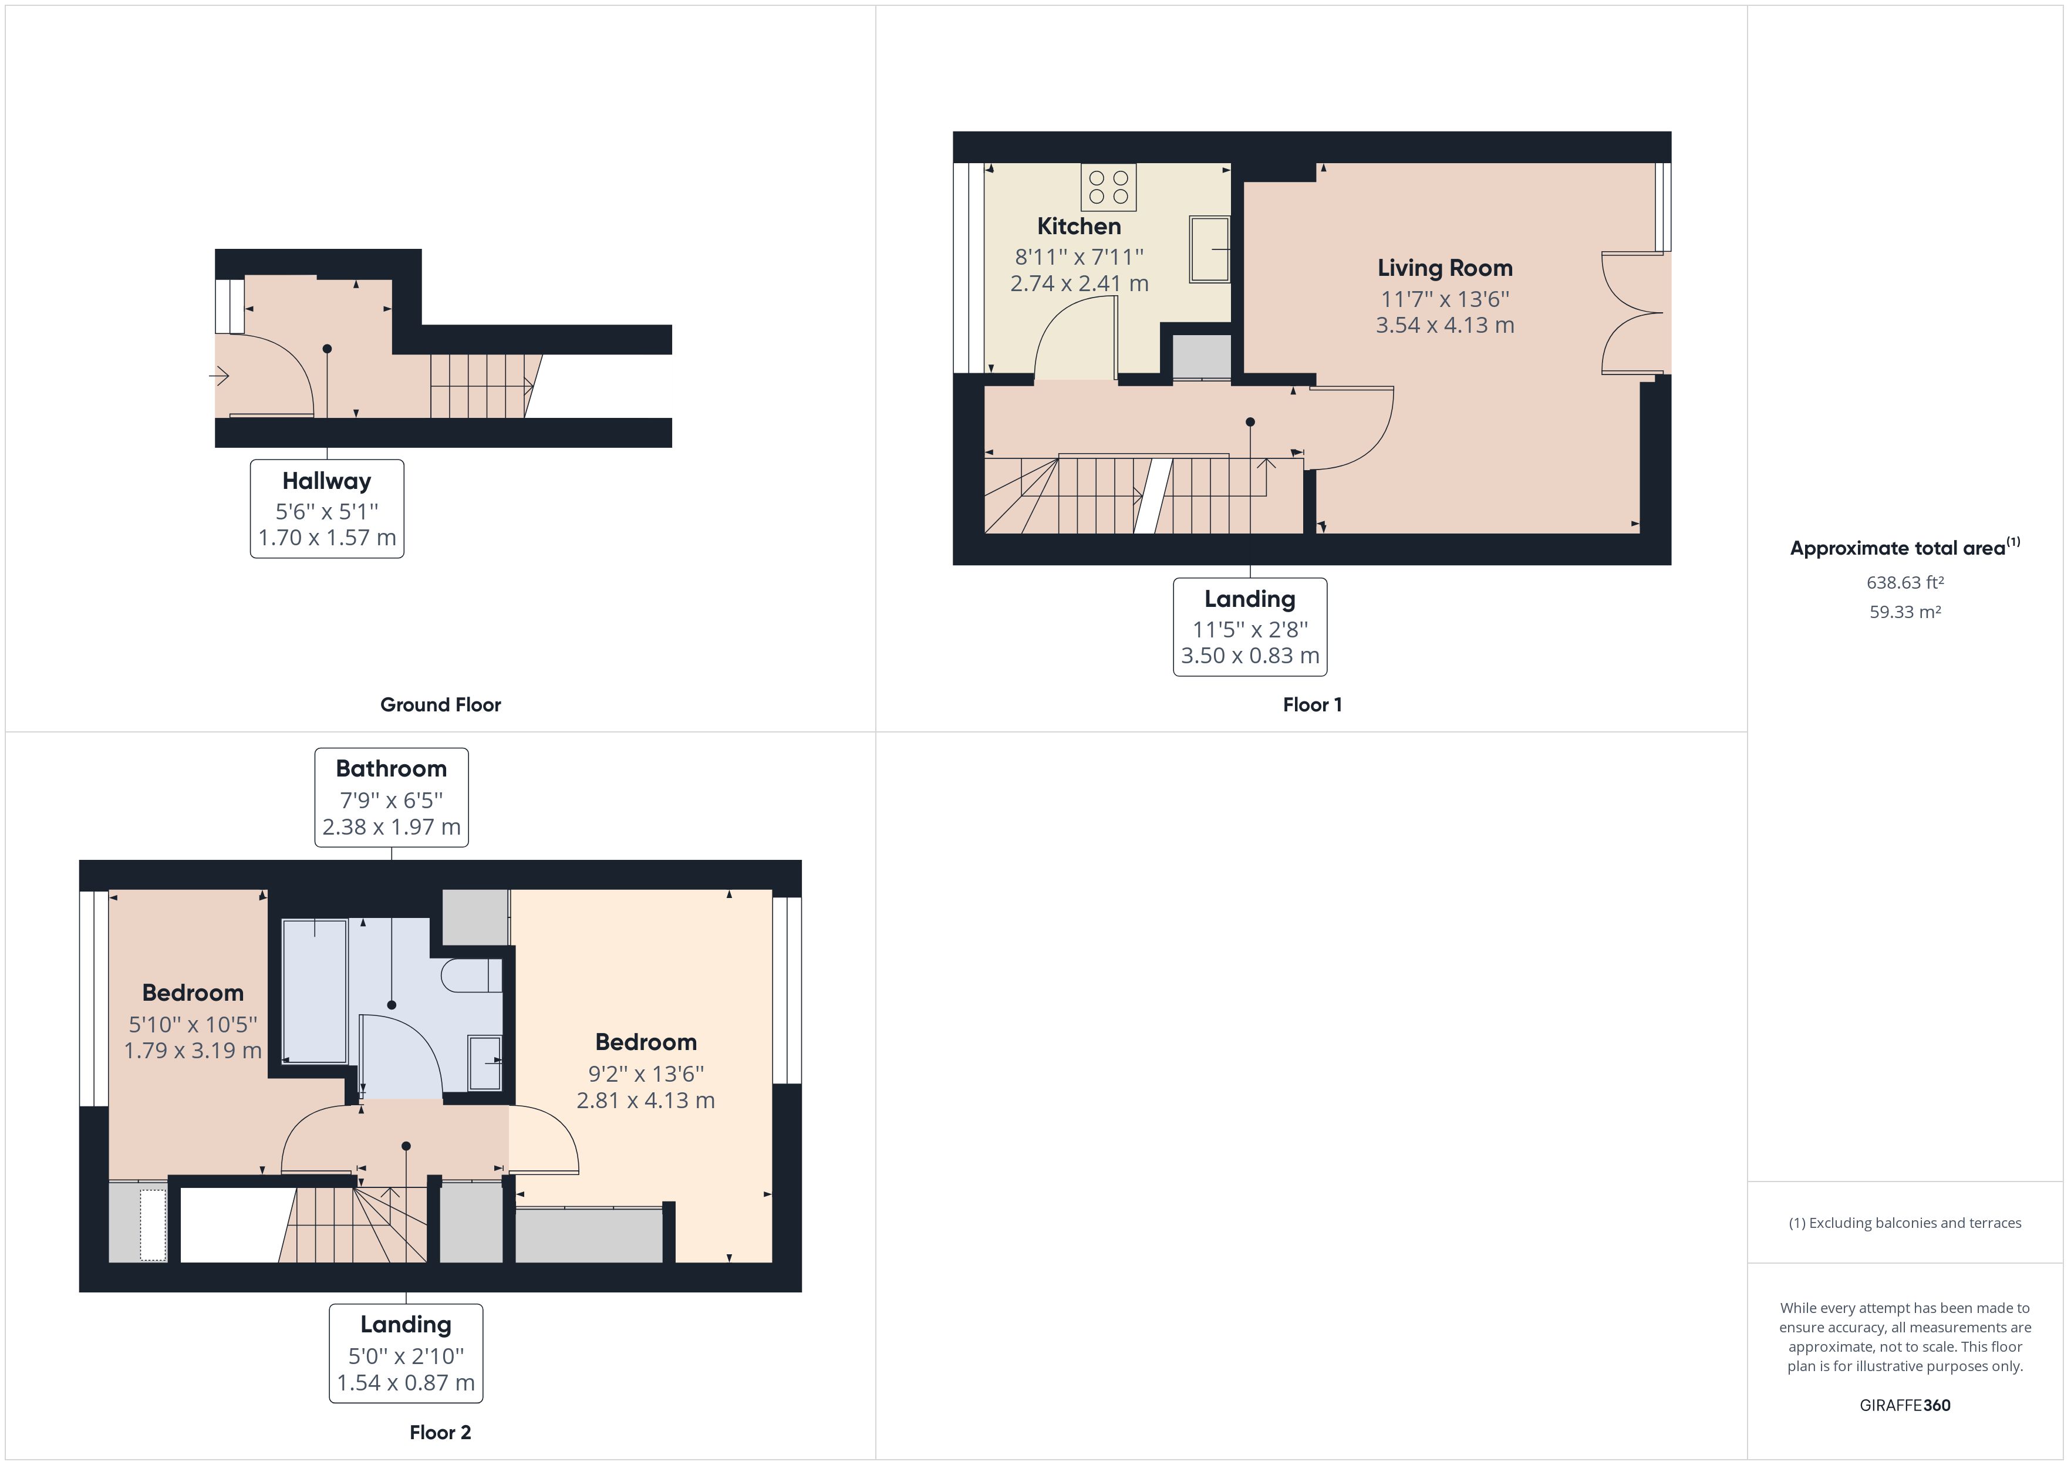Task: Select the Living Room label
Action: (1444, 268)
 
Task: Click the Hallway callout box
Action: (326, 509)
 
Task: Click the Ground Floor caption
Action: (440, 704)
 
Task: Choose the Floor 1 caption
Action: (1311, 704)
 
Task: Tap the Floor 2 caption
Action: (440, 1432)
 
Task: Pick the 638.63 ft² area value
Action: (1904, 583)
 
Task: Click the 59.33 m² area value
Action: (1904, 612)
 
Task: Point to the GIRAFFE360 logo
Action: (1904, 1405)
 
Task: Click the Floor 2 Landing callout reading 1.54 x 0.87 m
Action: (405, 1353)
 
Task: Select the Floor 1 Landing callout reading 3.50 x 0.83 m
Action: (1249, 627)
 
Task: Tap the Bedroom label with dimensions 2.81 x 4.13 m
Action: (645, 1071)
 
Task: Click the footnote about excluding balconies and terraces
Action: (1904, 1223)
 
